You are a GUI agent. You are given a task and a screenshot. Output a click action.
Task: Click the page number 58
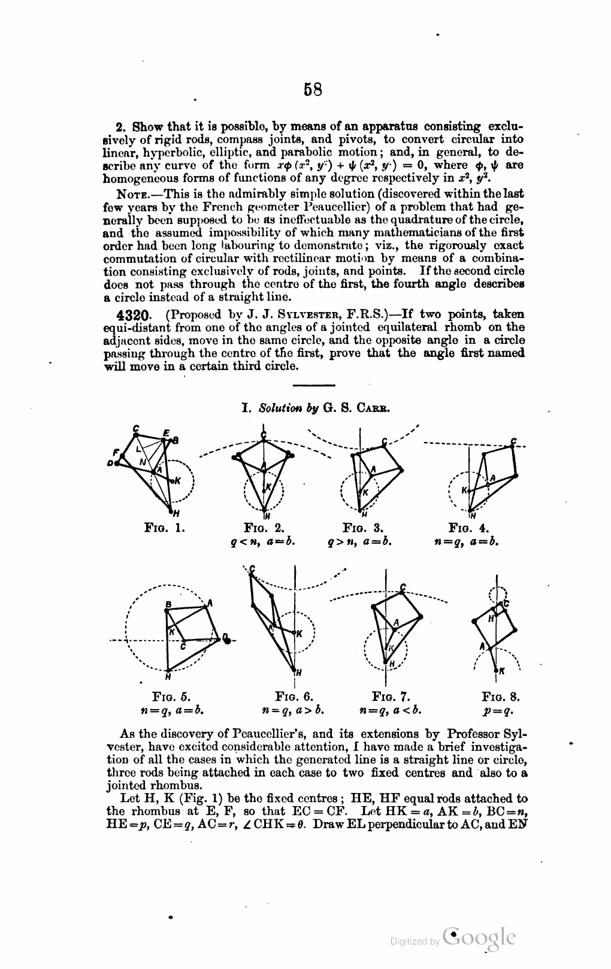pos(313,89)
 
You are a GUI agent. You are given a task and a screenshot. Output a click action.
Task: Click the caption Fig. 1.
pos(164,528)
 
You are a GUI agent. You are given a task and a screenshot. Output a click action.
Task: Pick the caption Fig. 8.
pos(500,697)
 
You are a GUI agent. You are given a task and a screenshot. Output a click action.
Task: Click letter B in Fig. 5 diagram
pos(168,604)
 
